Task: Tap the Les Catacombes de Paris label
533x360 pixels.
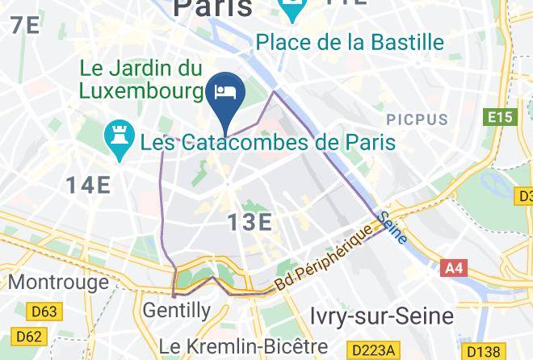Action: point(268,143)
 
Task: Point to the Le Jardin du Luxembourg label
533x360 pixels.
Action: point(141,78)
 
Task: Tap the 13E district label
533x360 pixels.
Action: point(249,221)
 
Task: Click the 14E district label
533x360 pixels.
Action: point(88,185)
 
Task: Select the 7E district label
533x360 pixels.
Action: point(24,25)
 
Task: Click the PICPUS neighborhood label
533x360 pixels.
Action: point(416,119)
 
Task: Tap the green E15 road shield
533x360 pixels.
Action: point(501,118)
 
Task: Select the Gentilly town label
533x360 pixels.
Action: point(176,309)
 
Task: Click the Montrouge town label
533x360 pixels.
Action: point(58,282)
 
